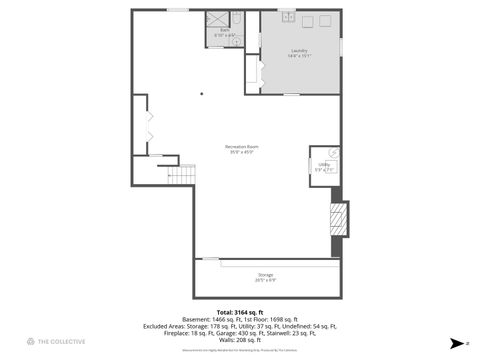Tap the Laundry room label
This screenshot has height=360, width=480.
[x=299, y=50]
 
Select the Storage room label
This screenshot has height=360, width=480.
[x=265, y=274]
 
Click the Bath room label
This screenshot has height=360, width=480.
[x=225, y=30]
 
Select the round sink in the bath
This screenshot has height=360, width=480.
[x=235, y=41]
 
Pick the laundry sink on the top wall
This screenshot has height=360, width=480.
[x=287, y=16]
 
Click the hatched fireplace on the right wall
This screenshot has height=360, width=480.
[x=340, y=218]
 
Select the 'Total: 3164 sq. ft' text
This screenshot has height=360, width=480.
[x=240, y=312]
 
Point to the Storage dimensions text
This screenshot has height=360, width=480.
[x=265, y=279]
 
